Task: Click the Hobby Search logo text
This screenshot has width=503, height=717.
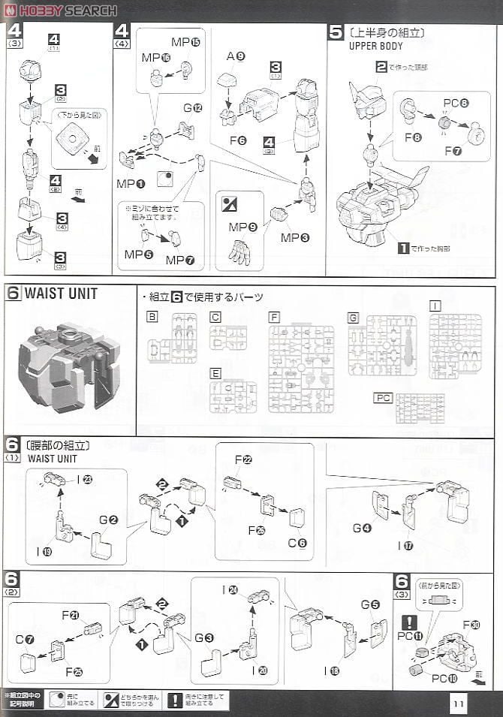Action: point(68,11)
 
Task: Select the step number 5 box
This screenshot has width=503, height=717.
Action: point(336,32)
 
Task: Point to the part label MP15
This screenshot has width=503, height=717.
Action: point(185,42)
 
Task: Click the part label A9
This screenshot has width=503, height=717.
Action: point(236,56)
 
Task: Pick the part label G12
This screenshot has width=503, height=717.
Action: point(193,108)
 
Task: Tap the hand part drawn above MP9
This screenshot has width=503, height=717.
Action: point(239,252)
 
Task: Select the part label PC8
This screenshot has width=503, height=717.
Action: point(456,103)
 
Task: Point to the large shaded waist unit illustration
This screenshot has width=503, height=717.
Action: point(68,366)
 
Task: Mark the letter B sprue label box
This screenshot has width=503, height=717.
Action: point(153,318)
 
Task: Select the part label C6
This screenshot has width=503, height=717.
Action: point(297,543)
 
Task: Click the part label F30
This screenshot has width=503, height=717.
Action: point(471,624)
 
